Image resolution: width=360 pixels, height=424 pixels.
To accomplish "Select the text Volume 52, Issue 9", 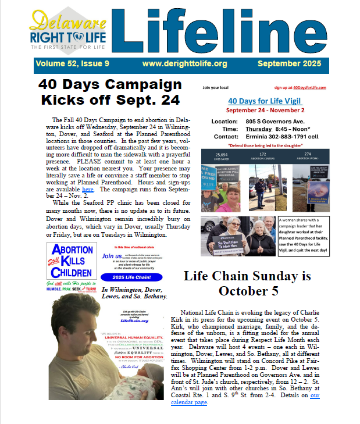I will tap(72, 63).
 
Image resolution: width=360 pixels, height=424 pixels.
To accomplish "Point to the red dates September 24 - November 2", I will tap(265, 111).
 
